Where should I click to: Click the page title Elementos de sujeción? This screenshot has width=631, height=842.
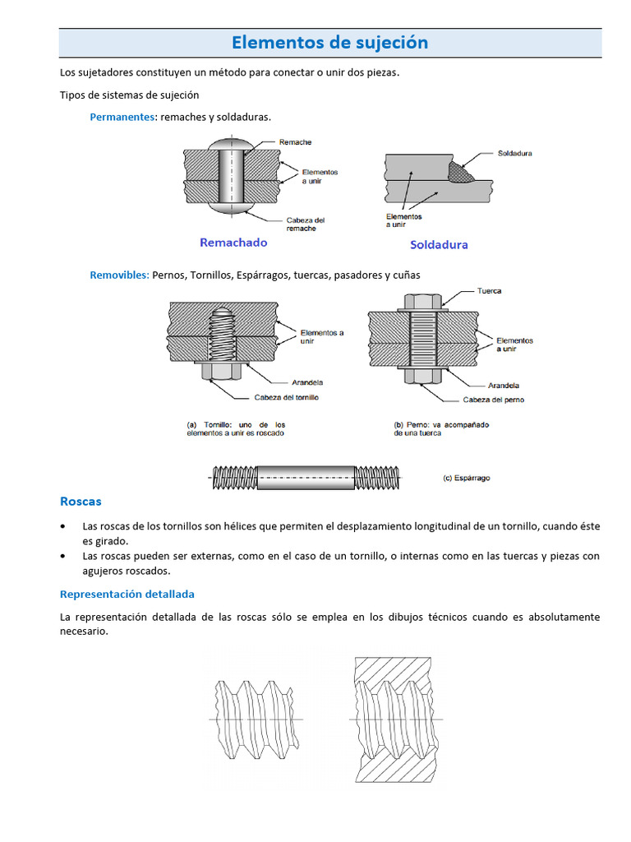pos(329,43)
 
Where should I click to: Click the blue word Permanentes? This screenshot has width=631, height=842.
pos(122,117)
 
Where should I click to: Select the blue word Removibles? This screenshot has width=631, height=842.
pos(119,275)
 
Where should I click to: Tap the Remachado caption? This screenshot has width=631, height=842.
pos(233,243)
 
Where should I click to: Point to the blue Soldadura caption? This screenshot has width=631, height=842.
pos(439,245)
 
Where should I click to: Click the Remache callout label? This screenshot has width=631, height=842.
pos(295,142)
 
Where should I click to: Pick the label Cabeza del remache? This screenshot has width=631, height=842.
pos(305,224)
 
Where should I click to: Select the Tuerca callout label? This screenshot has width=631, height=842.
pos(489,291)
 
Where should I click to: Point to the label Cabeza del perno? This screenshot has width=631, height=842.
pos(493,400)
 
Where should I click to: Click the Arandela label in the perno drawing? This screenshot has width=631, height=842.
pos(504,385)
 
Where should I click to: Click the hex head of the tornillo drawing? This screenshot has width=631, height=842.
pos(220,372)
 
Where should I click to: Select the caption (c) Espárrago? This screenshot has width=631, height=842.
pos(466,478)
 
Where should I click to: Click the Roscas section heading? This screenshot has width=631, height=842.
pos(81,501)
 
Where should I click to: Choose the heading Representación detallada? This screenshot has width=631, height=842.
pos(127,594)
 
